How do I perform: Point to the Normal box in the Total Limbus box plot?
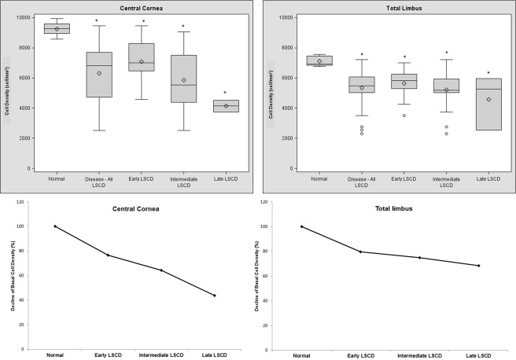coord(319,60)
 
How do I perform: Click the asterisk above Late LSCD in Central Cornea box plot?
coord(225,93)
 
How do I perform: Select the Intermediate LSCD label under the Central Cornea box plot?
coord(183,182)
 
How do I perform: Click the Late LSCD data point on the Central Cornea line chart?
coord(214,296)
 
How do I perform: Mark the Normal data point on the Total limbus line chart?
coord(301,226)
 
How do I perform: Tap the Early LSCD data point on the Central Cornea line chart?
coord(108,255)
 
